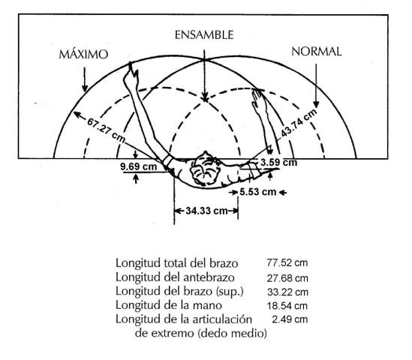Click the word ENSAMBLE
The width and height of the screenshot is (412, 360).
[204, 35]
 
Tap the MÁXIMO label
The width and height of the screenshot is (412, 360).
[83, 54]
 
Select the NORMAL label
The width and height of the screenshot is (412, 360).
[317, 52]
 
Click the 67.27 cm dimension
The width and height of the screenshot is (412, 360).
[106, 130]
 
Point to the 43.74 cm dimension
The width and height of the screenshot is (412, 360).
[299, 123]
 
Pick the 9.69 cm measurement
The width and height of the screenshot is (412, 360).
[139, 166]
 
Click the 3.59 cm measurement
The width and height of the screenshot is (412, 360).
[278, 162]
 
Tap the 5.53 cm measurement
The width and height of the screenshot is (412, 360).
[257, 192]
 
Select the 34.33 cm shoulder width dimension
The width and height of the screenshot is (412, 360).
[206, 211]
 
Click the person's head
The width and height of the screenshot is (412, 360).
[205, 169]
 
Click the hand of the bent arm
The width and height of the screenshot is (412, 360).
[259, 102]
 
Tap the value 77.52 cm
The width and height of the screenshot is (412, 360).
[287, 262]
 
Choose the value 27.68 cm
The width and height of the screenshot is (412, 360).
[287, 278]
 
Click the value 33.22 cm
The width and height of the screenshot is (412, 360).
[287, 292]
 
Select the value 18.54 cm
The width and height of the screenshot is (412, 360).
[287, 306]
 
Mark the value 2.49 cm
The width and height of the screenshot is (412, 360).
[290, 319]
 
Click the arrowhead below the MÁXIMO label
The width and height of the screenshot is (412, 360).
[85, 88]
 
